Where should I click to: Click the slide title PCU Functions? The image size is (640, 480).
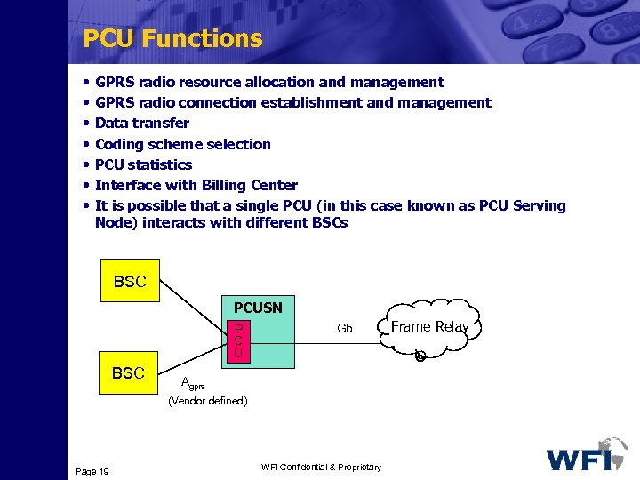click(x=172, y=38)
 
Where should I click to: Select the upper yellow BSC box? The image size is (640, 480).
click(x=130, y=281)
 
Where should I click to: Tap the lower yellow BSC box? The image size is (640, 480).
click(x=128, y=372)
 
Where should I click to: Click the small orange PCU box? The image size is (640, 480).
click(x=239, y=341)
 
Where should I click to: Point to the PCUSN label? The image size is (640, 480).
click(x=258, y=308)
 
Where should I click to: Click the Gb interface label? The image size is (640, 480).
click(x=345, y=329)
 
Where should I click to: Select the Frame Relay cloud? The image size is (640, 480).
click(x=430, y=327)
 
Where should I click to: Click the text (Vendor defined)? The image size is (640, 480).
click(x=208, y=401)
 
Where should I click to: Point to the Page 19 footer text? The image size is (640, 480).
click(x=92, y=471)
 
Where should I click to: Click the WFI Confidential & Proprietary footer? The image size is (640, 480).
click(x=322, y=468)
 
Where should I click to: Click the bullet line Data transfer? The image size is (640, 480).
click(x=142, y=124)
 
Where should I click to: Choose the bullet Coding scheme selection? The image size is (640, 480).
click(x=182, y=144)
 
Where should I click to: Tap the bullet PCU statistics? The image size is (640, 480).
click(x=143, y=164)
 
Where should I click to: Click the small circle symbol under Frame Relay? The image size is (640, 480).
click(x=420, y=356)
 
